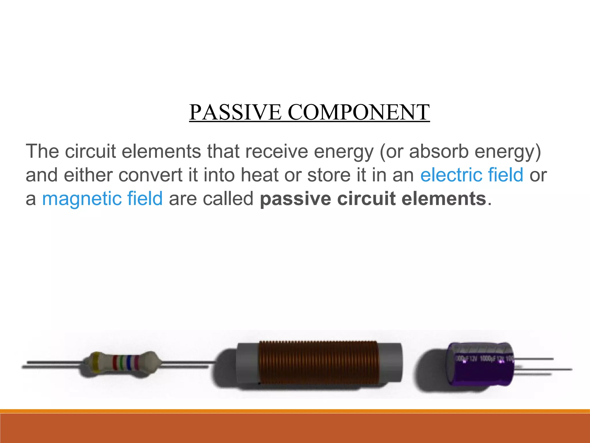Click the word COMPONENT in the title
(358, 112)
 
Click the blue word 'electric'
(451, 175)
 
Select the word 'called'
(228, 199)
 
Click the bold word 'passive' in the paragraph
(295, 199)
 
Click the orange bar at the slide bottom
(295, 428)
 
